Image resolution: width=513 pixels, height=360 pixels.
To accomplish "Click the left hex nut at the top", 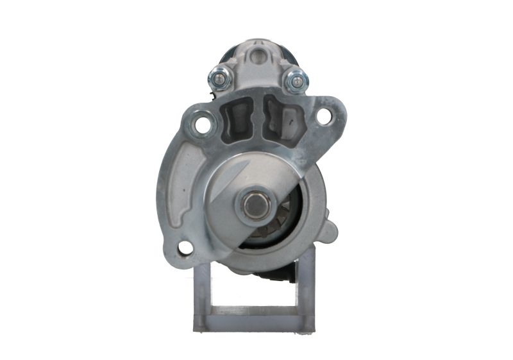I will (x=217, y=79).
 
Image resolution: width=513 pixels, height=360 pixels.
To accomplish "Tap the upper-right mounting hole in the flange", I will (x=324, y=117).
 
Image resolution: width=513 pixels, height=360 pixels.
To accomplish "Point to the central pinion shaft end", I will (x=256, y=205).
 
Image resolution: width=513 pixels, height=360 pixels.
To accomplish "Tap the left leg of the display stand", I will (x=201, y=296).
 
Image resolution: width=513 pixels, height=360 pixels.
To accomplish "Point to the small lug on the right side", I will (x=328, y=229).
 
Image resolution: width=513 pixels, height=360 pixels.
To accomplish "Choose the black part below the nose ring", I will (x=273, y=274).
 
